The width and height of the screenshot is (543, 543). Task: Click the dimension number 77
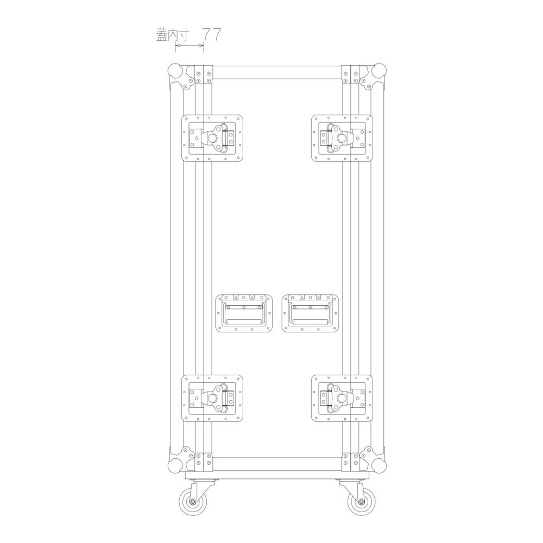click(211, 34)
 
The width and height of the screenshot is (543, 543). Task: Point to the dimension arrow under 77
click(190, 47)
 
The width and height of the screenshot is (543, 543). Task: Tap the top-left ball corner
click(174, 71)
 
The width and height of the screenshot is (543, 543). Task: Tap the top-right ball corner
click(379, 71)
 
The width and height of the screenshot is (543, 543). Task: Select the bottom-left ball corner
click(174, 465)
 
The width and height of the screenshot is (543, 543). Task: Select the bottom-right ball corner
click(379, 465)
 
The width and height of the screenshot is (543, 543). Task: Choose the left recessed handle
click(244, 313)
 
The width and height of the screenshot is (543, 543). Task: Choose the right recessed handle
click(310, 313)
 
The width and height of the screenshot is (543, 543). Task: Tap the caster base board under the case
click(277, 475)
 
